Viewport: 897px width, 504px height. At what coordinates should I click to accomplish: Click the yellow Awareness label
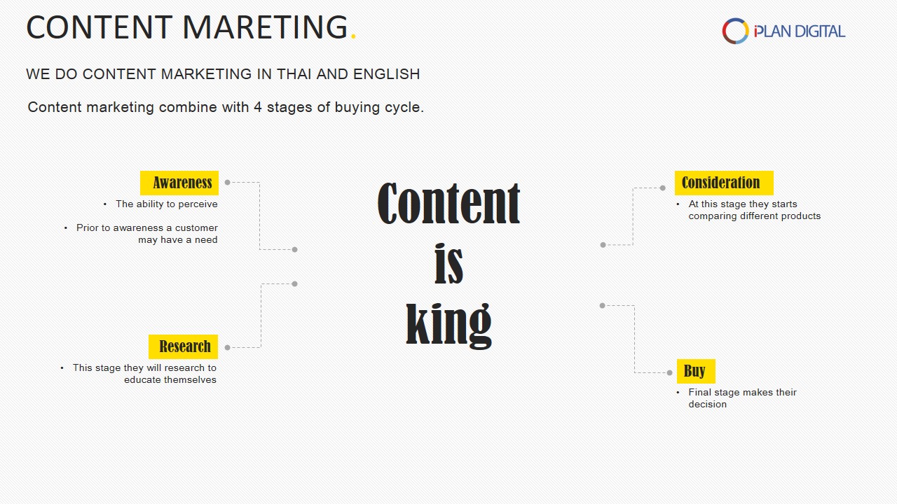coord(179,183)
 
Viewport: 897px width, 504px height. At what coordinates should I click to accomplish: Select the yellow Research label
coord(184,346)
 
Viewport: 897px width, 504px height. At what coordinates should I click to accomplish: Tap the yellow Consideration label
coord(724,183)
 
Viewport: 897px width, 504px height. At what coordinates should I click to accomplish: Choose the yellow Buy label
coord(696,371)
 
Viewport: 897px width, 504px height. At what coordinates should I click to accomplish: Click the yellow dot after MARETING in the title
coord(353,37)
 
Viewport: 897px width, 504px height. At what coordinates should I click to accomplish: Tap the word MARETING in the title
coord(265,27)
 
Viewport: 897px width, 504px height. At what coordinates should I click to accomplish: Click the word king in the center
coord(449,324)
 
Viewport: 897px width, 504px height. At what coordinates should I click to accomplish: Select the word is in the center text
coord(449,264)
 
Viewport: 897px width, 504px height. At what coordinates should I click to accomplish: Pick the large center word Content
coord(449,203)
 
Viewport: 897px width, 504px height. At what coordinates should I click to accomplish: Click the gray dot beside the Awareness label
coord(228,183)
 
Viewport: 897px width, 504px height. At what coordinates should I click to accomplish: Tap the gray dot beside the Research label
coord(228,348)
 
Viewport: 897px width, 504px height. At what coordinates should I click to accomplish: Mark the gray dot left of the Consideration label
coord(663,188)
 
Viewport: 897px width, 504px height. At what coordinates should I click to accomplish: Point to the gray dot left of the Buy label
coord(669,373)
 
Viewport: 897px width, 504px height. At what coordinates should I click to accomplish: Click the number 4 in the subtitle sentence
coord(258,107)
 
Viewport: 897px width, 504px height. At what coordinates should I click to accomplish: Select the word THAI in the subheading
coord(294,74)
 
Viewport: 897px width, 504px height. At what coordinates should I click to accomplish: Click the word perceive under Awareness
coord(198,204)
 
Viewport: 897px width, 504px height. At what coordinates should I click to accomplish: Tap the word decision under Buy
coord(708,405)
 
